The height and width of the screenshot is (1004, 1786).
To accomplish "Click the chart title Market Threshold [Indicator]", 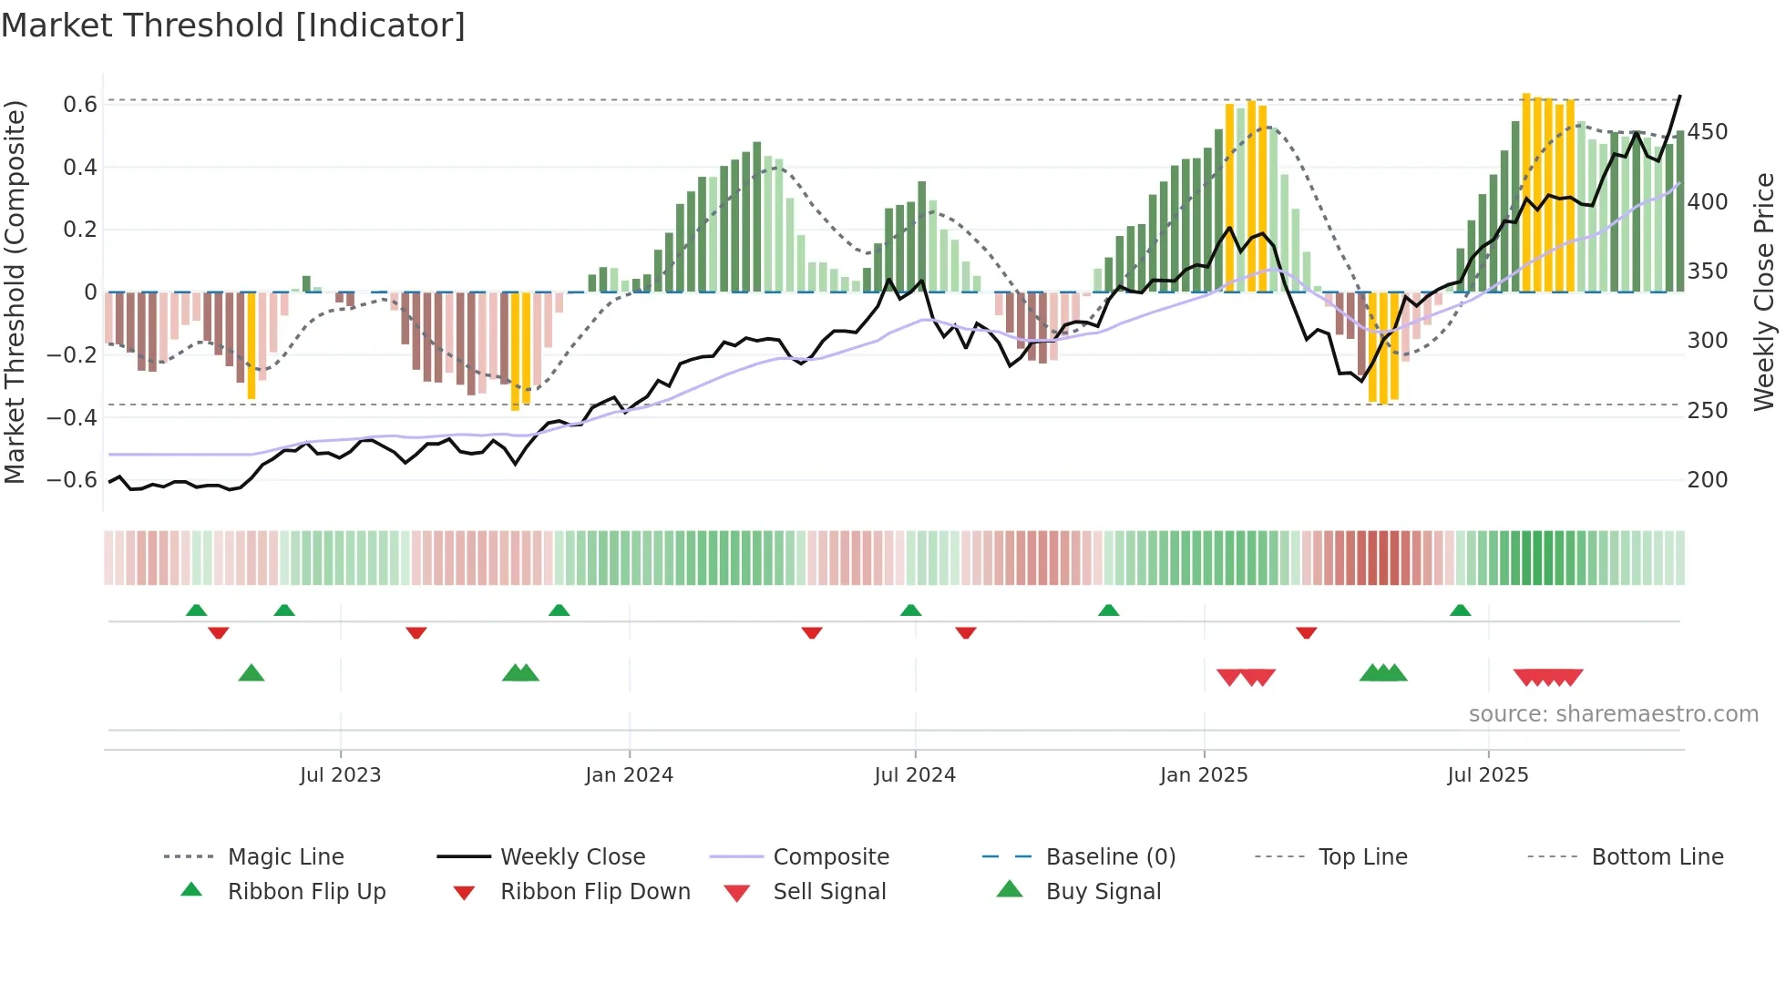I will tap(233, 26).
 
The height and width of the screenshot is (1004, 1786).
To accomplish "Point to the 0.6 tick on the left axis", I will tap(79, 105).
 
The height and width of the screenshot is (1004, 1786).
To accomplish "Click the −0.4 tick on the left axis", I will tap(72, 418).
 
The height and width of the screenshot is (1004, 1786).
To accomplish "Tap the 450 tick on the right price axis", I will tap(1707, 132).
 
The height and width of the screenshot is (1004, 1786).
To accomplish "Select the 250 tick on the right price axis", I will tap(1707, 411).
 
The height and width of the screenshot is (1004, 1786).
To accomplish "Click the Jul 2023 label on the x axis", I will tap(340, 775).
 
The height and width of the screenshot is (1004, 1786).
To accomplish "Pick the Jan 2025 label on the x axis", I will tap(1203, 775).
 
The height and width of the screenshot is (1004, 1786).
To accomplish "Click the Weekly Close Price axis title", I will tap(1764, 292).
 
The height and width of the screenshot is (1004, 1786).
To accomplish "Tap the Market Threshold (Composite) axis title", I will tap(15, 292).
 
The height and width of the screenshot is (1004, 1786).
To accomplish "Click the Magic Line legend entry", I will tap(285, 857).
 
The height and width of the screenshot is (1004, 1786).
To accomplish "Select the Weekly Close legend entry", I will tap(572, 857).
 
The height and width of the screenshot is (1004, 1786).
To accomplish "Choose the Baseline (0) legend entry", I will tap(1110, 857).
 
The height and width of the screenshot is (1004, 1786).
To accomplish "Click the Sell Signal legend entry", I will tap(828, 892).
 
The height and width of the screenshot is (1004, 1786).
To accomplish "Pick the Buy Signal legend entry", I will tap(1103, 892).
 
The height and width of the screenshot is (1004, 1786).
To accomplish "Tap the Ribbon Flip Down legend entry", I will tap(594, 892).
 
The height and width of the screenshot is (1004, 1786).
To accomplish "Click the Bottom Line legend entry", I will tap(1657, 857).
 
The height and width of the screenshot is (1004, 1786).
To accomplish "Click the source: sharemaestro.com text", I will tap(1613, 714).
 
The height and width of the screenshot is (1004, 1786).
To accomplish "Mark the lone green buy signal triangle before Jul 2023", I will tap(251, 673).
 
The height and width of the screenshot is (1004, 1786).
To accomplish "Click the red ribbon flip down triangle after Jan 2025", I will tap(1306, 632).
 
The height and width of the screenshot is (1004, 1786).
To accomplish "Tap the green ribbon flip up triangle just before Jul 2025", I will tap(1460, 610).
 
